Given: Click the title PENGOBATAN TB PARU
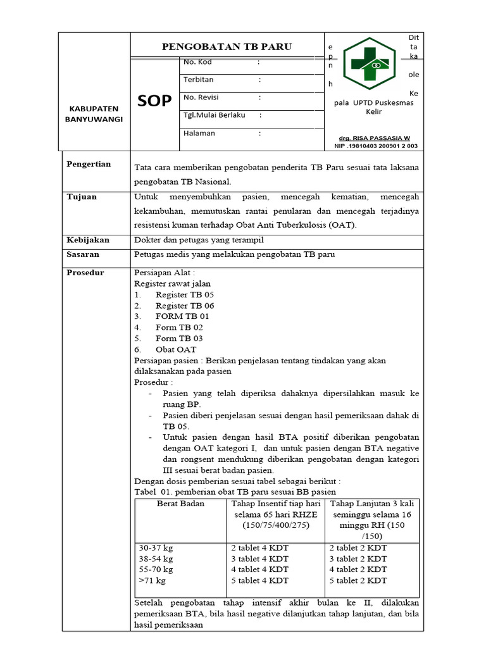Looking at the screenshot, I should [x=227, y=47].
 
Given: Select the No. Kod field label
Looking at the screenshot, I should [x=197, y=62].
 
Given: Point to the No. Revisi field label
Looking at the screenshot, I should [x=201, y=97].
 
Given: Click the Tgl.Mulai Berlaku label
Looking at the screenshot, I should [x=214, y=115].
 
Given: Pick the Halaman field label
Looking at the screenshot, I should [x=199, y=133].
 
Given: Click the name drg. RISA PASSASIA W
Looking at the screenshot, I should [x=375, y=138].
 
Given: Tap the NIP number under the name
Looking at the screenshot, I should [x=375, y=146].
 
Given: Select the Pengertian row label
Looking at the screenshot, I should [x=89, y=164].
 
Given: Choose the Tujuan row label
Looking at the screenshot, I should [x=82, y=197].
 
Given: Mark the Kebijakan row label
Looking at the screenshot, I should [x=88, y=240].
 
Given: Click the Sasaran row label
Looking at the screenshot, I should [x=83, y=254].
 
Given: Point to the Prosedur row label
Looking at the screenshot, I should [x=85, y=273].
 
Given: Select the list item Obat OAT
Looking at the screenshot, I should [x=176, y=349].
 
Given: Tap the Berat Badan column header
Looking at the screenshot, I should [x=180, y=504].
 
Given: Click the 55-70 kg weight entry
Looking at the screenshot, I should [x=156, y=570].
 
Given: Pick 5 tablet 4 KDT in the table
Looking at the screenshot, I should [x=259, y=580].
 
